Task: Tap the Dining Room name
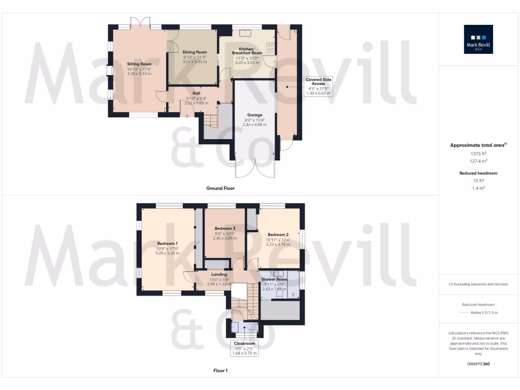[194, 52]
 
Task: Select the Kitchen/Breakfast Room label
[247, 50]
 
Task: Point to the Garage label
[254, 115]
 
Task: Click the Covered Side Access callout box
[318, 86]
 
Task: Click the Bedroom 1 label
[167, 243]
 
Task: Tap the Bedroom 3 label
[224, 229]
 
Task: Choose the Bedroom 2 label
[278, 235]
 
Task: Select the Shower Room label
[274, 280]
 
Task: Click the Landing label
[219, 275]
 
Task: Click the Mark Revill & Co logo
[478, 40]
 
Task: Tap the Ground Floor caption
[220, 188]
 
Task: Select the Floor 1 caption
[220, 371]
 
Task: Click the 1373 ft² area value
[479, 153]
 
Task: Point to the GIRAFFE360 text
[479, 364]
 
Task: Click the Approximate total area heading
[479, 145]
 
